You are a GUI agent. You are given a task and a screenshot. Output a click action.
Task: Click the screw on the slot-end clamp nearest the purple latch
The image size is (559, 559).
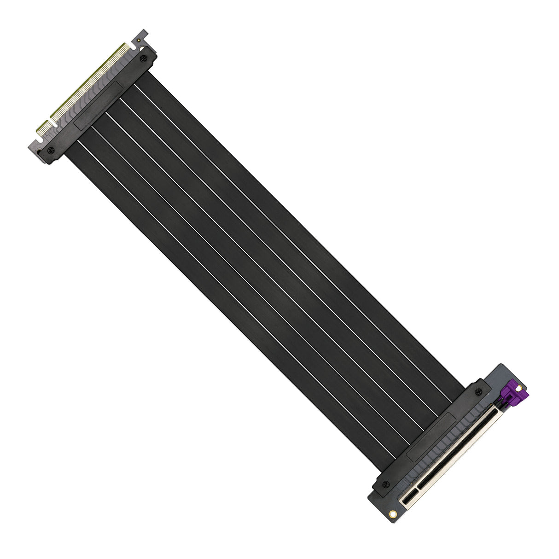(479, 391)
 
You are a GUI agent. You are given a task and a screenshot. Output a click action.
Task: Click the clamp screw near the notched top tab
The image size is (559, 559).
(143, 58)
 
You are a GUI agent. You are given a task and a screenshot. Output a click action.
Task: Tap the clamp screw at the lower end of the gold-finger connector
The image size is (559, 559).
(51, 151)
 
